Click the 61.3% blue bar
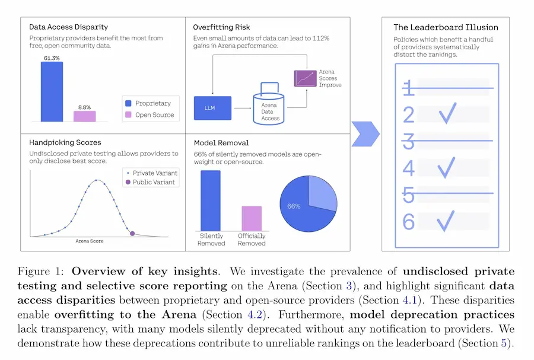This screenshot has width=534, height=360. pos(52,91)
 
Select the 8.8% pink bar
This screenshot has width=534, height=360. pos(84,116)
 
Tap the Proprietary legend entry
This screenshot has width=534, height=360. pos(148,103)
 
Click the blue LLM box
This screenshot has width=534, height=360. pos(212,108)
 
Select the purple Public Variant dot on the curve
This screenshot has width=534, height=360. pos(132,234)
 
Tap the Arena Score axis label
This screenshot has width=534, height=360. pos(89,241)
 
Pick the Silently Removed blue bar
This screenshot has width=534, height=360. pos(211,201)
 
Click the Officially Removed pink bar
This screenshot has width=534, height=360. pos(252,219)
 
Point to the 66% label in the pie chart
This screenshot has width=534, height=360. pos(294,206)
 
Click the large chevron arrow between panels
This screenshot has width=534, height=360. pos(365,133)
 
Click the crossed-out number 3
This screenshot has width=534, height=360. pos(409,141)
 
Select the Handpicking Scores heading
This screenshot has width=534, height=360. pos(65,142)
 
